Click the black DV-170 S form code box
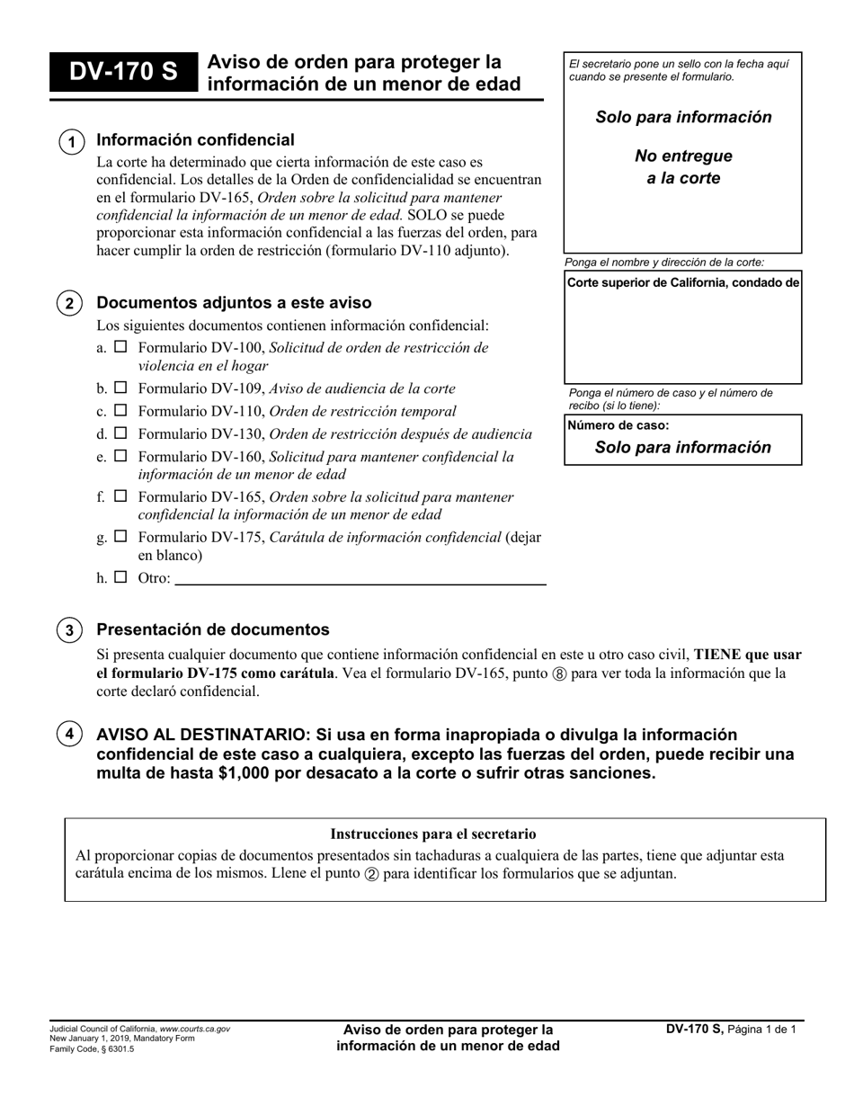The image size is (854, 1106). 123,73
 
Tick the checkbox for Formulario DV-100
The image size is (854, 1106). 120,347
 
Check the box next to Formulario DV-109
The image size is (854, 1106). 120,388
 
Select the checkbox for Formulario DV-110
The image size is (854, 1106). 120,411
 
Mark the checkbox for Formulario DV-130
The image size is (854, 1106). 120,433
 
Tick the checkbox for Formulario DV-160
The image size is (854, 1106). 120,456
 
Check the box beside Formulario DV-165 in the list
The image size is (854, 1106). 120,496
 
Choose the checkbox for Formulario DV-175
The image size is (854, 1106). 120,537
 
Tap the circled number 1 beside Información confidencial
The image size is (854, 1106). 71,142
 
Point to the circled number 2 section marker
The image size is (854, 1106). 70,303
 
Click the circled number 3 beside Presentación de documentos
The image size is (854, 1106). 70,629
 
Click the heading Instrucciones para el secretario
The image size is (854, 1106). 433,834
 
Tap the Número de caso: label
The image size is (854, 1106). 618,425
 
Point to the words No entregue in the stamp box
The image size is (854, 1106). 683,156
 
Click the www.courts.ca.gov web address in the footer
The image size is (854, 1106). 194,1029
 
